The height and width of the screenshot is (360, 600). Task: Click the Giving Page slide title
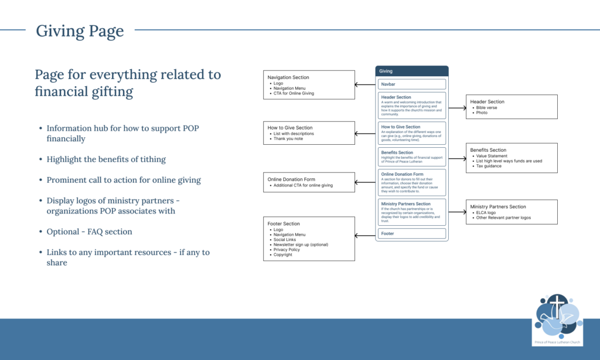pyautogui.click(x=80, y=30)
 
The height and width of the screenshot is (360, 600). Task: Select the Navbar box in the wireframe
pyautogui.click(x=412, y=84)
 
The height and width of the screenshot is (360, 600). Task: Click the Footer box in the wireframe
pyautogui.click(x=412, y=233)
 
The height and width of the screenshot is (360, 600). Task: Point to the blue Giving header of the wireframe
pyautogui.click(x=412, y=71)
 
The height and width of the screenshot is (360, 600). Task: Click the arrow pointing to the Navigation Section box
pyautogui.click(x=365, y=84)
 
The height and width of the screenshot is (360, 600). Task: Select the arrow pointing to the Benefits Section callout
pyautogui.click(x=456, y=158)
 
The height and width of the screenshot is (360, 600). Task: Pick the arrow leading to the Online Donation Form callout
pyautogui.click(x=365, y=182)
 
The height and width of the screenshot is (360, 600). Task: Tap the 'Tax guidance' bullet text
pyautogui.click(x=489, y=166)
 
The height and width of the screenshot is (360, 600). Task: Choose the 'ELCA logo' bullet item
pyautogui.click(x=486, y=213)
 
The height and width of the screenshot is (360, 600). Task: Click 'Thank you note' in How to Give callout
pyautogui.click(x=289, y=138)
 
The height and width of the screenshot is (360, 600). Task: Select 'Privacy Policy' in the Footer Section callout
pyautogui.click(x=287, y=250)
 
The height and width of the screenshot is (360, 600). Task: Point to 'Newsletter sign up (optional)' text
pyautogui.click(x=301, y=244)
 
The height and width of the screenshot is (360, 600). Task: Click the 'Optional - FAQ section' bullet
pyautogui.click(x=89, y=232)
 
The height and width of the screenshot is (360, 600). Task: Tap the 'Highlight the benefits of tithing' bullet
pyautogui.click(x=106, y=159)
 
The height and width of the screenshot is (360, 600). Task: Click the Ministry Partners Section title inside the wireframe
pyautogui.click(x=405, y=204)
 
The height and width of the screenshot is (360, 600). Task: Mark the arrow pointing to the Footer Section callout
pyautogui.click(x=365, y=235)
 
